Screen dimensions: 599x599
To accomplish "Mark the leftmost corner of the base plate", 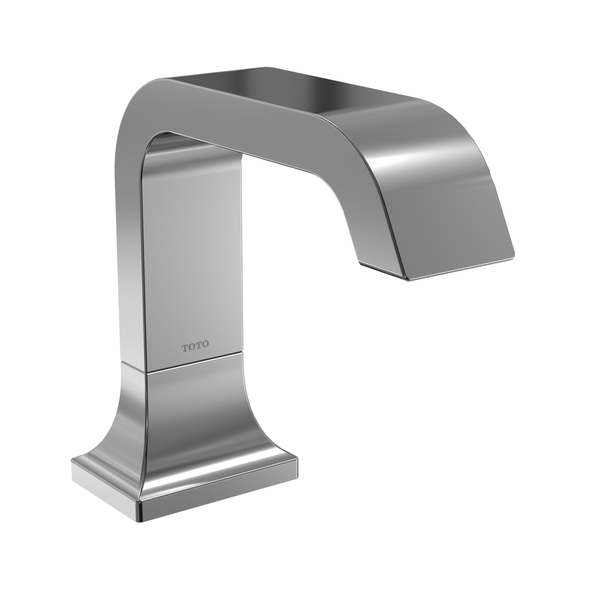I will [x=72, y=462].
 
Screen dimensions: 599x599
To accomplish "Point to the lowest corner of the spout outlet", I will [x=410, y=280].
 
